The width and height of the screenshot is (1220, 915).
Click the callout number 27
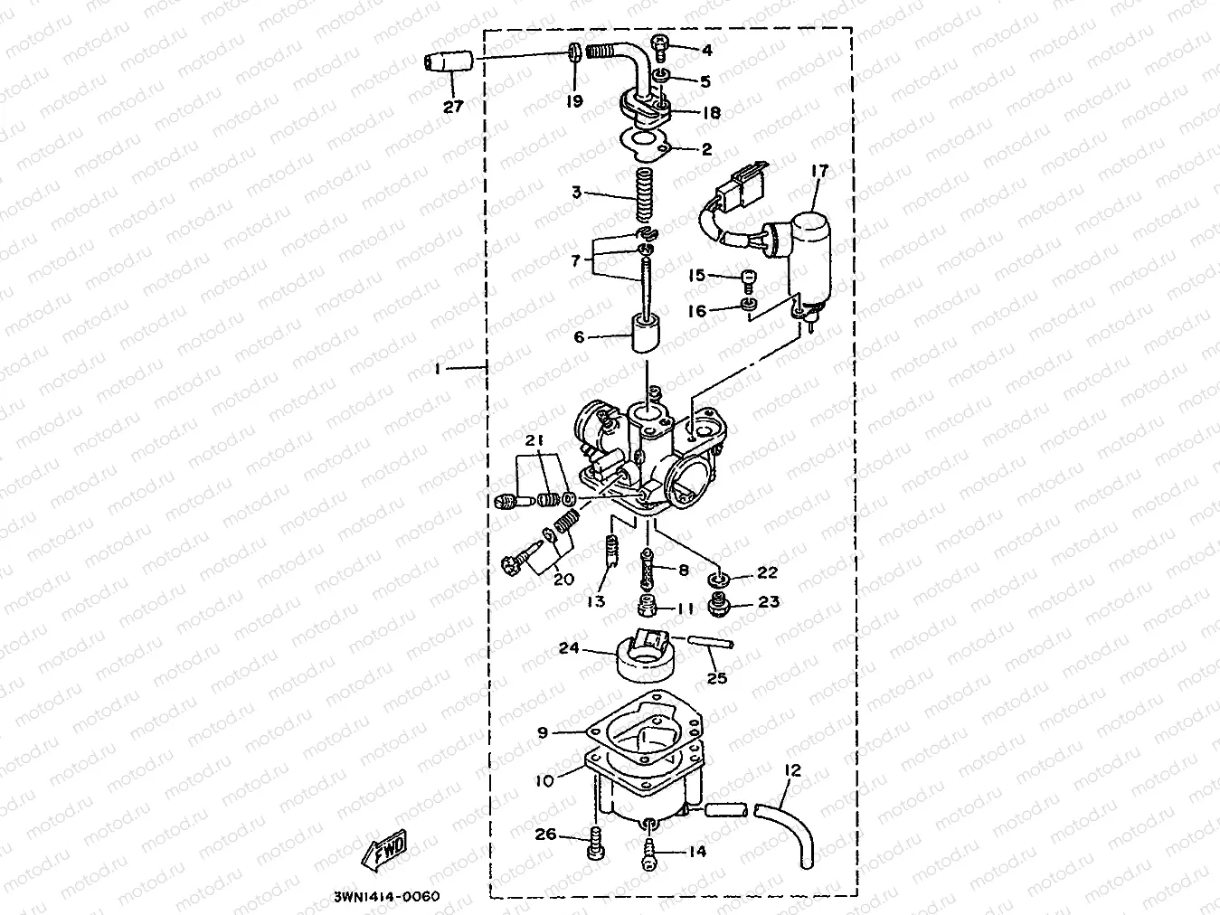pyautogui.click(x=452, y=107)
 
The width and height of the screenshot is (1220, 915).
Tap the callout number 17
pyautogui.click(x=819, y=170)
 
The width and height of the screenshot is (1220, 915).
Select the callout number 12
pyautogui.click(x=792, y=770)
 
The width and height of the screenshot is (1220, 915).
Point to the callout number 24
pyautogui.click(x=568, y=647)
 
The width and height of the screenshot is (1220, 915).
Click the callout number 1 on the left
pyautogui.click(x=439, y=368)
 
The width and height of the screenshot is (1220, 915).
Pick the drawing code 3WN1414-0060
pyautogui.click(x=380, y=896)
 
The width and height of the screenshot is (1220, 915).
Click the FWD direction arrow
pyautogui.click(x=383, y=849)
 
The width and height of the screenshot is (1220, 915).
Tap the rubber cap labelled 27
pyautogui.click(x=449, y=63)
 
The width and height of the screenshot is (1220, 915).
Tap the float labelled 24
pyautogui.click(x=644, y=658)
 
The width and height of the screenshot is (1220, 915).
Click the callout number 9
pyautogui.click(x=543, y=732)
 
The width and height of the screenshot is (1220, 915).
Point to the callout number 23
pyautogui.click(x=769, y=601)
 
